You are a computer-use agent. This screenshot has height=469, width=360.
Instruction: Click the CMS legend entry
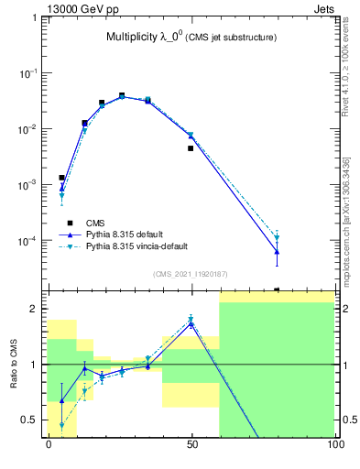[x=95, y=223]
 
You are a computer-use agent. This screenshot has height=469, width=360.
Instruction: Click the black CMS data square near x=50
[x=191, y=147]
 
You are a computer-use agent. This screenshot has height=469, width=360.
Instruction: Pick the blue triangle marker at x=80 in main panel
[x=277, y=251]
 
